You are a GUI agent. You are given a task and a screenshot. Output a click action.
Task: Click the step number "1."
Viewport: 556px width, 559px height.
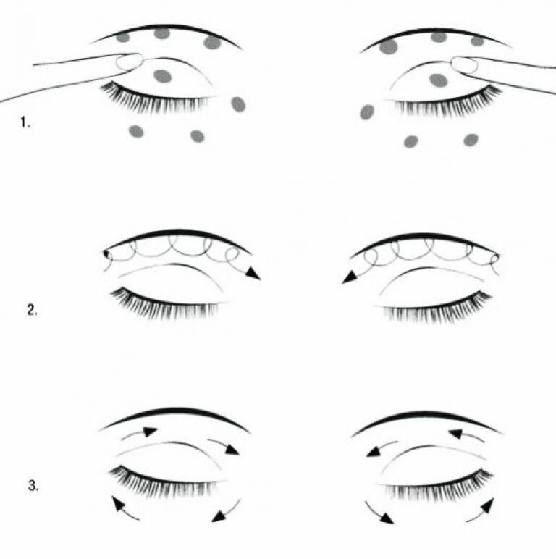click(25, 122)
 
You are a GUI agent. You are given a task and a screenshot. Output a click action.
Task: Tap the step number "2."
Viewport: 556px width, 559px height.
click(32, 310)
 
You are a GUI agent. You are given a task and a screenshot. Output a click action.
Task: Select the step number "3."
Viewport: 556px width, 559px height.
click(33, 486)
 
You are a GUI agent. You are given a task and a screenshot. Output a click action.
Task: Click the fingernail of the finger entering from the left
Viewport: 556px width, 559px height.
click(130, 62)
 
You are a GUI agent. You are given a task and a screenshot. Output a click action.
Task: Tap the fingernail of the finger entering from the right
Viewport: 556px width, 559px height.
click(464, 64)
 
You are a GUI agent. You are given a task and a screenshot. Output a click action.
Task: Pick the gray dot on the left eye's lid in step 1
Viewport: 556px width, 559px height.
click(162, 76)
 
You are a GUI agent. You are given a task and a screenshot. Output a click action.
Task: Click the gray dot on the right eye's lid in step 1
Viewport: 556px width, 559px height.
click(439, 80)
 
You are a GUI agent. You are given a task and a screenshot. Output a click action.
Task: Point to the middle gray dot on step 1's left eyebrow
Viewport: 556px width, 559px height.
click(161, 33)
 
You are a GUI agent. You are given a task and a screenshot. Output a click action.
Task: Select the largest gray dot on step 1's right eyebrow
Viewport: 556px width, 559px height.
click(389, 46)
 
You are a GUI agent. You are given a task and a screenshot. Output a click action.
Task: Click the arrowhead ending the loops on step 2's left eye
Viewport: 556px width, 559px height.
click(253, 274)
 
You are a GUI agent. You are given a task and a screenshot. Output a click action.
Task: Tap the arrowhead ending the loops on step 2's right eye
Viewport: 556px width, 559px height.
click(350, 277)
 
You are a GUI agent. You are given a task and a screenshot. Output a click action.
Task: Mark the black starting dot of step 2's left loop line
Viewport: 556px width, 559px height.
click(106, 253)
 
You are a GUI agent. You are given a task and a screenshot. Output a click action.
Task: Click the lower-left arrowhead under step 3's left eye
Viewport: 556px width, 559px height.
click(119, 503)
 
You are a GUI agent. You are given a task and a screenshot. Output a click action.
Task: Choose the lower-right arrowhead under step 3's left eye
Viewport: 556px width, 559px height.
click(219, 516)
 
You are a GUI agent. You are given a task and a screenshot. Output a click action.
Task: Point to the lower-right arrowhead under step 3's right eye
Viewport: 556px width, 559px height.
click(487, 505)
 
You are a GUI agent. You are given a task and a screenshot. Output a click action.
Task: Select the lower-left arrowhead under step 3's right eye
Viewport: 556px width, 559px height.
click(387, 518)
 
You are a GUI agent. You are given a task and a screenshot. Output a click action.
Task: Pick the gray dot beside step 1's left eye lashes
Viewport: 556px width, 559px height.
click(238, 104)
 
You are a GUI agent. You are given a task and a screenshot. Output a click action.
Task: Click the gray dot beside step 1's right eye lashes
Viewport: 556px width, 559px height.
click(367, 112)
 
